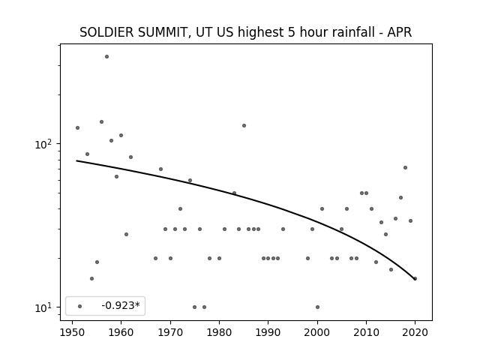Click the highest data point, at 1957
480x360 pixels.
pos(106,57)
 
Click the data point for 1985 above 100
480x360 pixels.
pos(244,125)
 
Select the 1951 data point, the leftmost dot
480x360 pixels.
pos(77,127)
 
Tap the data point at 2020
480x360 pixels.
pos(415,278)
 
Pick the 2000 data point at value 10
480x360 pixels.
pos(317,307)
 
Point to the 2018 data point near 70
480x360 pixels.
pos(405,167)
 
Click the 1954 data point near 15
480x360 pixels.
pos(91,278)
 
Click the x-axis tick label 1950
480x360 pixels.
pos(72,332)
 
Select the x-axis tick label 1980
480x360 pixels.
pos(219,332)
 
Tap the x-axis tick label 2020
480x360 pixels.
pos(415,332)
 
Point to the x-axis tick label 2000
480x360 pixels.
pos(317,332)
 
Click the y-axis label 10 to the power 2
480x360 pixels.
pos(43,143)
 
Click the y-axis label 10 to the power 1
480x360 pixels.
pos(43,307)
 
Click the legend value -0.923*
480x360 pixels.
pos(121,305)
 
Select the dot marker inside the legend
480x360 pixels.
pos(80,306)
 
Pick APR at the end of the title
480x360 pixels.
pos(399,32)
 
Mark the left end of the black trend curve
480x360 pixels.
pos(76,160)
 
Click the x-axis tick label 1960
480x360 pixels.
pos(121,332)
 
